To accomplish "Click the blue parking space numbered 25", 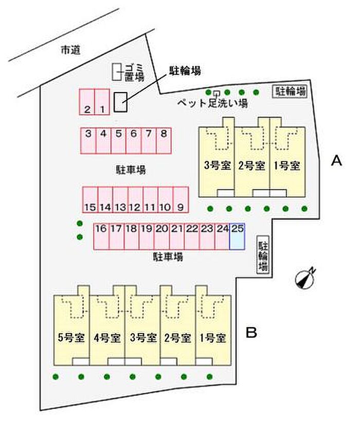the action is click(237, 236).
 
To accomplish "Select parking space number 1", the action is click(102, 102).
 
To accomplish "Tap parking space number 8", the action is click(164, 140).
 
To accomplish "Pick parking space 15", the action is click(90, 199).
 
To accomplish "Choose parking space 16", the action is click(101, 236).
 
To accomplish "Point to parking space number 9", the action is click(181, 199).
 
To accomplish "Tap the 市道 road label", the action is click(70, 50).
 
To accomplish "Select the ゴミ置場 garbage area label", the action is click(134, 72).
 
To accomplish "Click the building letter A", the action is click(336, 161).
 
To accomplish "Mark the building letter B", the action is click(251, 333).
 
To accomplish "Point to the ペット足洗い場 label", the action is click(212, 103).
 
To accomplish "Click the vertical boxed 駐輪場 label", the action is click(263, 255).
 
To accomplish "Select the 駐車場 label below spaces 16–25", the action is click(168, 257).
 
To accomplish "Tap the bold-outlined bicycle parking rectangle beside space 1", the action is click(120, 102).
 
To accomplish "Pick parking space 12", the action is click(135, 199).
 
